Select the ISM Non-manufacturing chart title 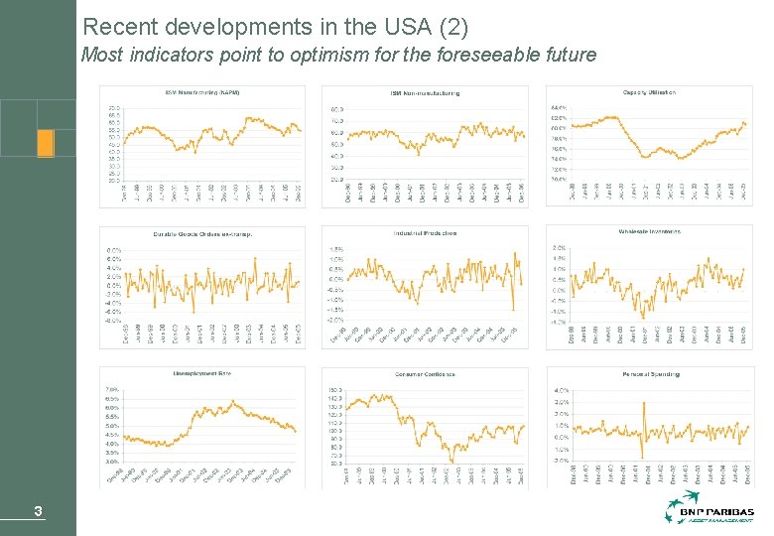425,93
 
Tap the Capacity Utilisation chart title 649,92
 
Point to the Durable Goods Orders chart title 202,234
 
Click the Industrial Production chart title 425,233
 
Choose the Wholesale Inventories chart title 649,231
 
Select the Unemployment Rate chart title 202,373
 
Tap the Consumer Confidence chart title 425,374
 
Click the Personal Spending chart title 649,373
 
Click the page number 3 38,512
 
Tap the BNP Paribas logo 709,512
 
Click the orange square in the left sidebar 45,143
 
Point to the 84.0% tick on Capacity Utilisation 557,107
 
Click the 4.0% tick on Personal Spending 561,390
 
